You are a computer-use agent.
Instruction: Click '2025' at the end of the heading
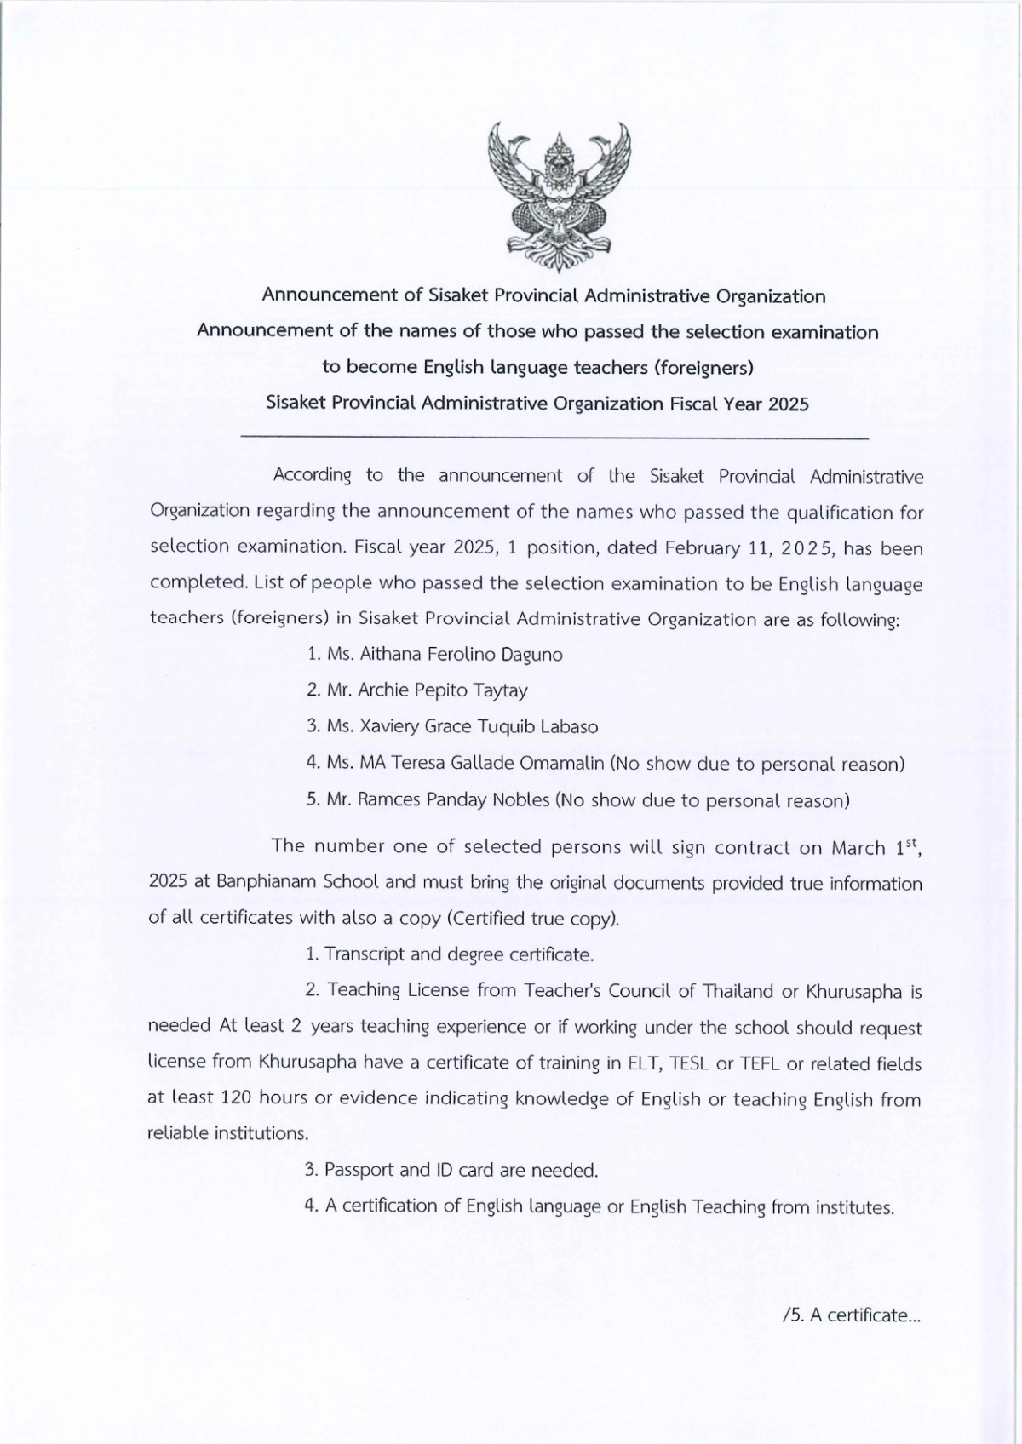click(x=788, y=404)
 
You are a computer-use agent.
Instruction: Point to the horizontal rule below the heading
click(x=555, y=438)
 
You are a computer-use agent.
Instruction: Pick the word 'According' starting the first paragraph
click(x=312, y=475)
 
